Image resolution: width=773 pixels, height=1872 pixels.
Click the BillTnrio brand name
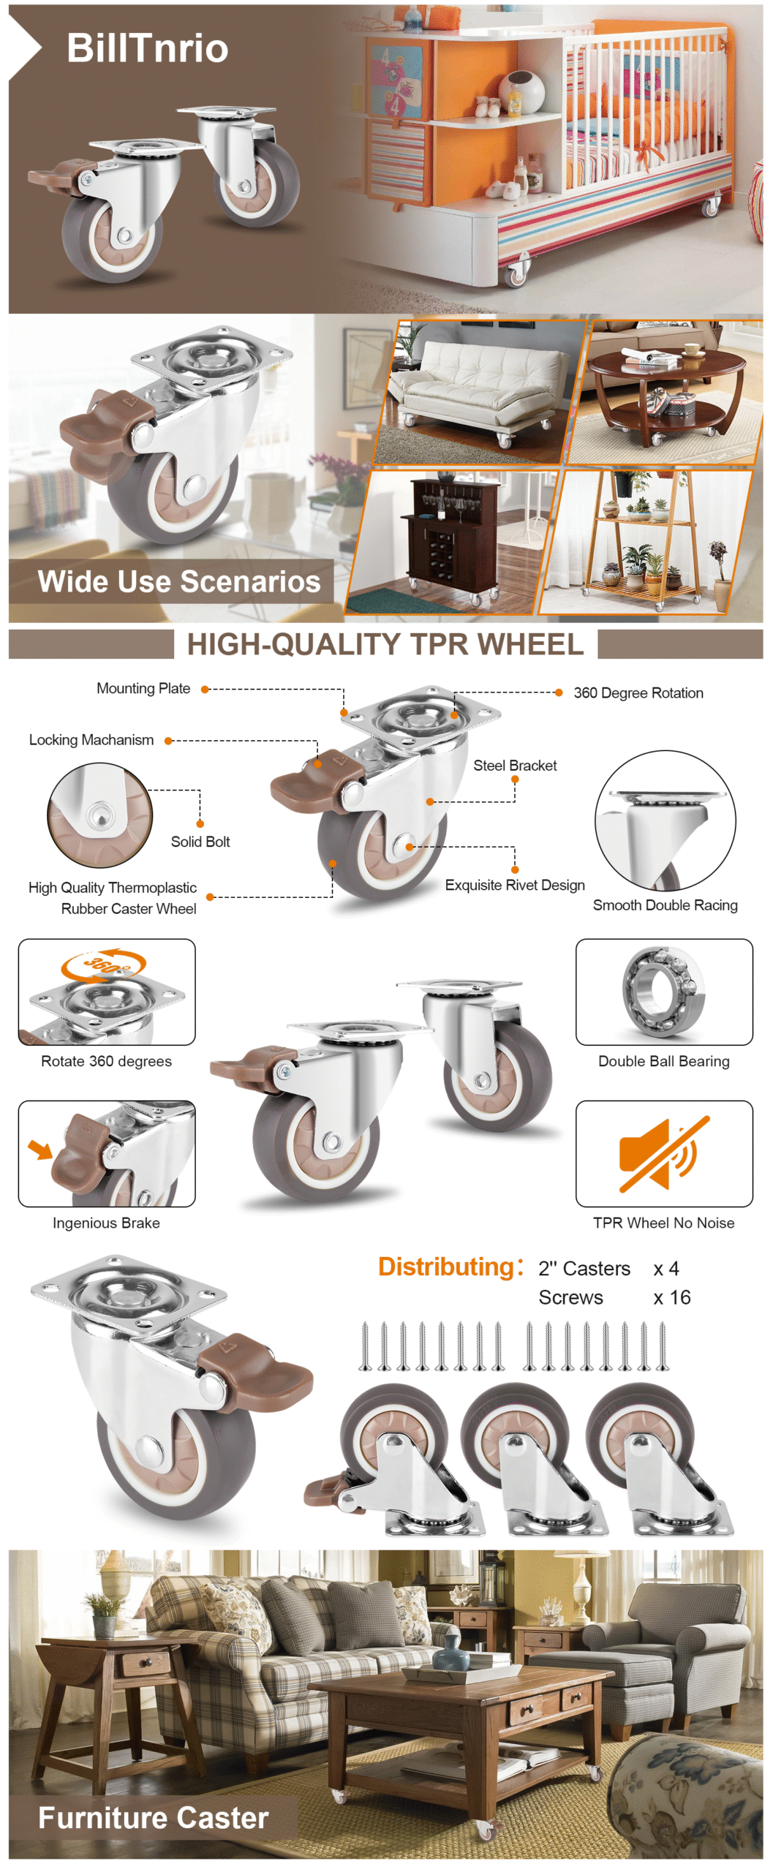(147, 48)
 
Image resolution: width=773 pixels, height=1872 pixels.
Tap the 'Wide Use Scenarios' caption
(179, 581)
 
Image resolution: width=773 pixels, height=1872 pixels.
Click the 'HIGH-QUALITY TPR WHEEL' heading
(385, 644)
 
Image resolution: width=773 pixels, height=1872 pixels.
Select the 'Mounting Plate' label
(143, 688)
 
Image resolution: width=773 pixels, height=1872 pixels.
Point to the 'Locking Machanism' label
(91, 740)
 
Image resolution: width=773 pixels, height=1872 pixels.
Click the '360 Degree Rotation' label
(638, 692)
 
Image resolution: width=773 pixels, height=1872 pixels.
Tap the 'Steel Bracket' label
(515, 765)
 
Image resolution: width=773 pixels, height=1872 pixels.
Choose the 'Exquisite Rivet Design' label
(515, 885)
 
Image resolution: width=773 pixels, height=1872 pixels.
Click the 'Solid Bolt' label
(200, 842)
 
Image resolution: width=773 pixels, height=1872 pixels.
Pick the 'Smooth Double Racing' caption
(665, 905)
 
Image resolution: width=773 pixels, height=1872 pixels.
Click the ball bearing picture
(663, 992)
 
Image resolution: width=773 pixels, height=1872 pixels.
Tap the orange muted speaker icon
(664, 1153)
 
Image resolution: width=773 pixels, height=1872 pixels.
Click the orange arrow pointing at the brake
(40, 1150)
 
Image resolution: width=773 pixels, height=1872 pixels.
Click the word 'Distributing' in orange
(446, 1267)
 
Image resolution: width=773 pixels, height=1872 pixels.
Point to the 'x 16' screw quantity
(672, 1297)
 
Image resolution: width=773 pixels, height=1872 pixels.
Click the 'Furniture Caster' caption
(154, 1817)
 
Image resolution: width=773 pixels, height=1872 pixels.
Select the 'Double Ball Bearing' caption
(664, 1061)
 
